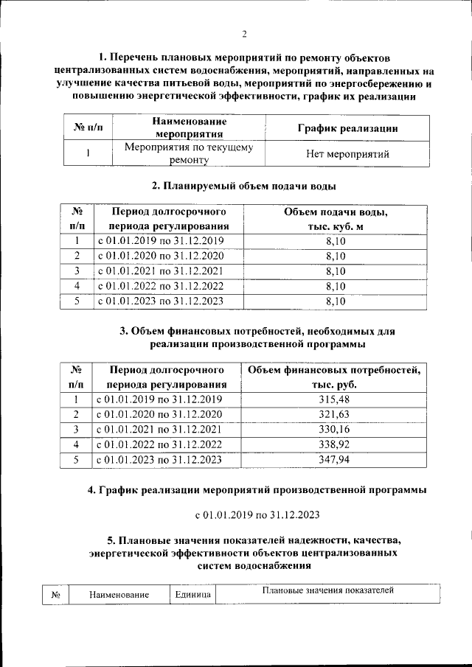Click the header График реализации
[348, 128]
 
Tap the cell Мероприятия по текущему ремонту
[189, 153]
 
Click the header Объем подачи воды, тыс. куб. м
[336, 220]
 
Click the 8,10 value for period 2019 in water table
[336, 242]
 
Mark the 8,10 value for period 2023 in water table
[336, 301]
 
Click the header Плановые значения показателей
[328, 590]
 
